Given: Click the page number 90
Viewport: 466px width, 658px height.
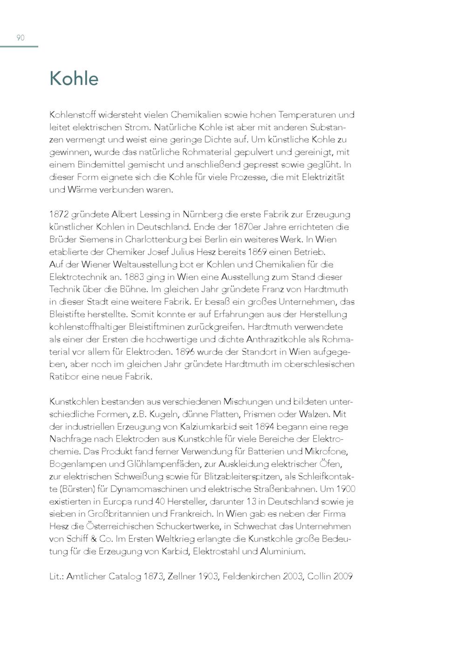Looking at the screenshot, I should click(21, 38).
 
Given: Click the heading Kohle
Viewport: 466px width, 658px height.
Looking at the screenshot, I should click(74, 78).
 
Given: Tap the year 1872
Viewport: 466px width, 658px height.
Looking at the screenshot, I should click(59, 215).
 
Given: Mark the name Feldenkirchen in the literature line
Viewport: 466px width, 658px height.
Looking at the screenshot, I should click(251, 576).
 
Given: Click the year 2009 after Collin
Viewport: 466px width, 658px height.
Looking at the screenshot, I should click(343, 576).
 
